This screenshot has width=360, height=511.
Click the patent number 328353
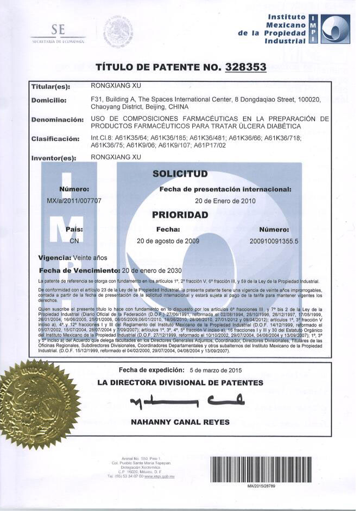[244, 67]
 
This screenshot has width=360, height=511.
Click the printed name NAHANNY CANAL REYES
[180, 421]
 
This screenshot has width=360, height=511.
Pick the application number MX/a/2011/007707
[74, 200]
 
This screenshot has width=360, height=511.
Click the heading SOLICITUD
[180, 174]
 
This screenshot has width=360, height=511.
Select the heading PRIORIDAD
[180, 215]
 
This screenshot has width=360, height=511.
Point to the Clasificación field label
[55, 139]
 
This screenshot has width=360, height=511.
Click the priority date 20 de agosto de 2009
[168, 240]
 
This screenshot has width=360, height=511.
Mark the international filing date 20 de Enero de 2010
[225, 200]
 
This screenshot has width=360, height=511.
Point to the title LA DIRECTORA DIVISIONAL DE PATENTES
[180, 382]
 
